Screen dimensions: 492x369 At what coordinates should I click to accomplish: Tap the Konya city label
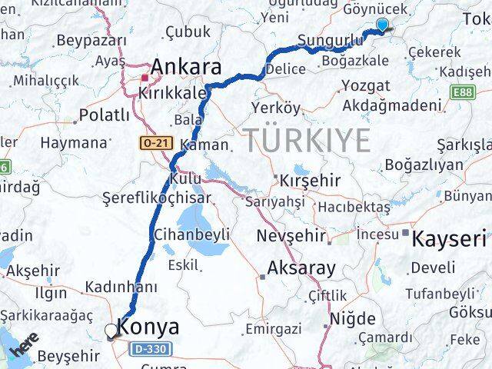point(150,327)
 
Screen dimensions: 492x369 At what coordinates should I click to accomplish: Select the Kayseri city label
point(449,238)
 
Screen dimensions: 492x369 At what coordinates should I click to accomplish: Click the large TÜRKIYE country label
point(307,141)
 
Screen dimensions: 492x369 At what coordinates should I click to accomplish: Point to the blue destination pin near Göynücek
point(382,25)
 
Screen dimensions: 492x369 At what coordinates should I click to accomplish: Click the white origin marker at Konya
point(111,331)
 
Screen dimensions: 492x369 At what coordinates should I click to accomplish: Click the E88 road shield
point(464,91)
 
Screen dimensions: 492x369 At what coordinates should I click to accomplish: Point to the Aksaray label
point(301,268)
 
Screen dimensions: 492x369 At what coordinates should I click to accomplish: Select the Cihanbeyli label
point(192,234)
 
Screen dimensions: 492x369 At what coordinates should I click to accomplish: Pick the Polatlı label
point(105,116)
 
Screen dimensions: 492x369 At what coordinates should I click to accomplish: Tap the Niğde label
point(353,318)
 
